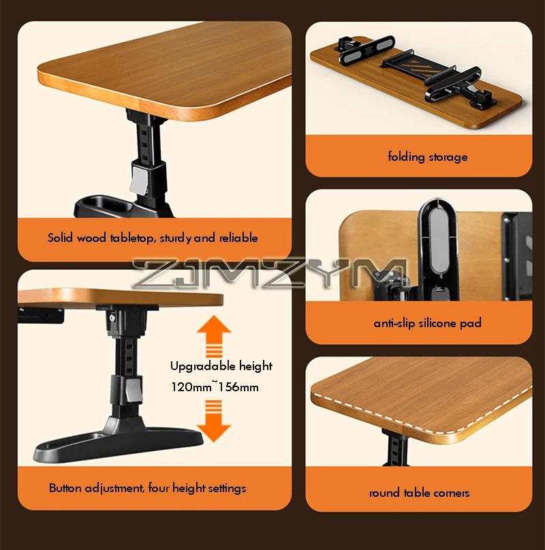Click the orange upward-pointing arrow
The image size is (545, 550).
(214, 336)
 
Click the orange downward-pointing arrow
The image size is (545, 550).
(214, 421)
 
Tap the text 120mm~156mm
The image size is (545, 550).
(215, 386)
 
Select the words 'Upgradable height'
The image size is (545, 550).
(221, 366)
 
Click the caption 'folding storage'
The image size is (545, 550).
(428, 157)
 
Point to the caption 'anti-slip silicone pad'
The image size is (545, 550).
(427, 322)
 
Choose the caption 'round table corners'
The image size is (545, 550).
(419, 493)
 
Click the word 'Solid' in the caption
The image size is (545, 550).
(60, 238)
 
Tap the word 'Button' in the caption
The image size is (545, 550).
(65, 488)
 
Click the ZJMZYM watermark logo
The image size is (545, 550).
(269, 273)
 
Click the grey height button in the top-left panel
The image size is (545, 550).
(140, 179)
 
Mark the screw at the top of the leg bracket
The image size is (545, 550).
(112, 318)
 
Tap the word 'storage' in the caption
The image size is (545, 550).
(448, 157)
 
